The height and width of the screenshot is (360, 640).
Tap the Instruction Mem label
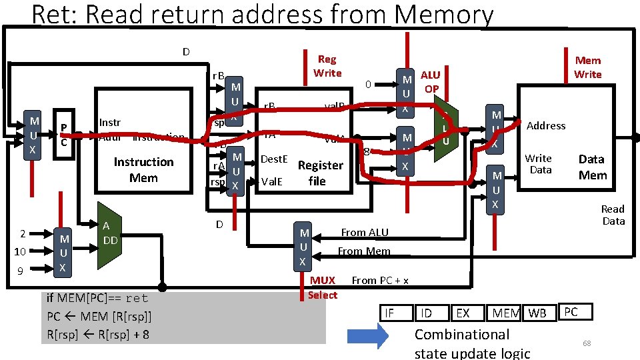(x=143, y=170)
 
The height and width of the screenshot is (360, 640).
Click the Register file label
(x=320, y=173)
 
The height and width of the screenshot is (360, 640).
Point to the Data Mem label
(x=592, y=167)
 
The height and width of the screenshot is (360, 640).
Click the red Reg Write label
(x=327, y=66)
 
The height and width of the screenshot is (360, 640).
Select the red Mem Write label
(x=588, y=67)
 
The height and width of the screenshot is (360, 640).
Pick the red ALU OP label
(x=431, y=81)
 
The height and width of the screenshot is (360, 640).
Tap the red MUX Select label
(x=323, y=287)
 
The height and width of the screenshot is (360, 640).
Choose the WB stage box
(x=537, y=313)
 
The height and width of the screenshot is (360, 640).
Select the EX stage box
(x=463, y=313)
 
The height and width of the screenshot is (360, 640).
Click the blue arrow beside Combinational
(x=366, y=335)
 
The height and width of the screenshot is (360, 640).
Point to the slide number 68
(x=587, y=343)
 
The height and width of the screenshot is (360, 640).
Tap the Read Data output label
(x=613, y=215)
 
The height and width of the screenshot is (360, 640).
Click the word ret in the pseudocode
(x=137, y=298)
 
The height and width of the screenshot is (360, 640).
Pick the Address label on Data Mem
(x=546, y=125)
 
